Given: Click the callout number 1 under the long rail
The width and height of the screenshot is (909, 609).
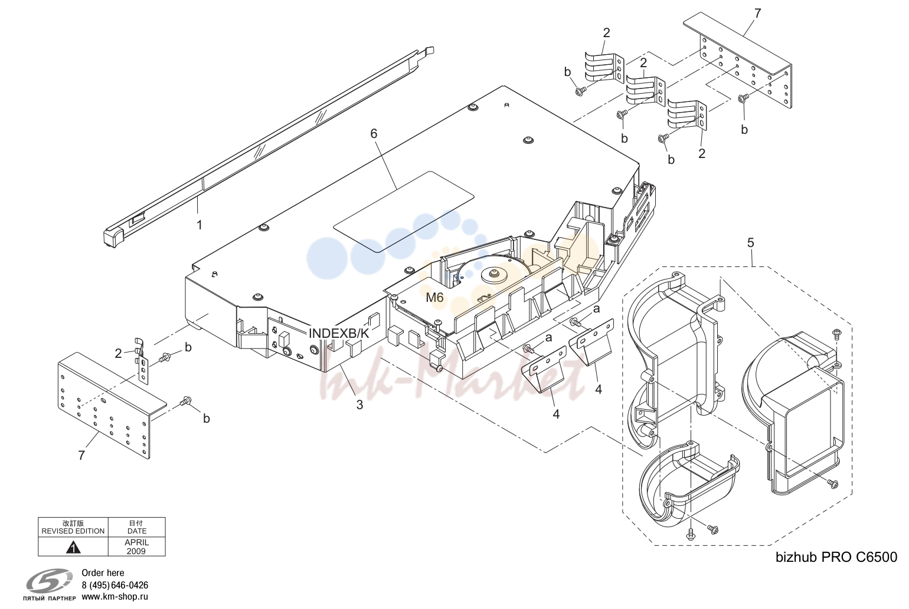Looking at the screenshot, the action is point(200,225).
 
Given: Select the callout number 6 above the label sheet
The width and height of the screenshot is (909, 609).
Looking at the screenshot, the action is point(374,133).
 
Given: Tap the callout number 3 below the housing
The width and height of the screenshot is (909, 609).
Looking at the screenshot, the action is point(359,405).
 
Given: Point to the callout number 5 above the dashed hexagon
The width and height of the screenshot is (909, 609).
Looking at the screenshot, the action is point(751,243).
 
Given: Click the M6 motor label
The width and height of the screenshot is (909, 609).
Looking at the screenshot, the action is point(434,298).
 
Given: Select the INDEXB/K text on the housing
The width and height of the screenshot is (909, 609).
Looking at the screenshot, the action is point(339,334).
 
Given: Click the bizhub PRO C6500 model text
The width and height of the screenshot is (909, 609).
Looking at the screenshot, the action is point(836,558).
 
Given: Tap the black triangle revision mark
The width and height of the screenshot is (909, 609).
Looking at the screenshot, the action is point(73,548).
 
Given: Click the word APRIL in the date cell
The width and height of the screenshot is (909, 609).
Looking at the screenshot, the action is point(137,542).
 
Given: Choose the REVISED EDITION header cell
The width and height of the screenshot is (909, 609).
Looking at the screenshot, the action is point(73,527).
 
